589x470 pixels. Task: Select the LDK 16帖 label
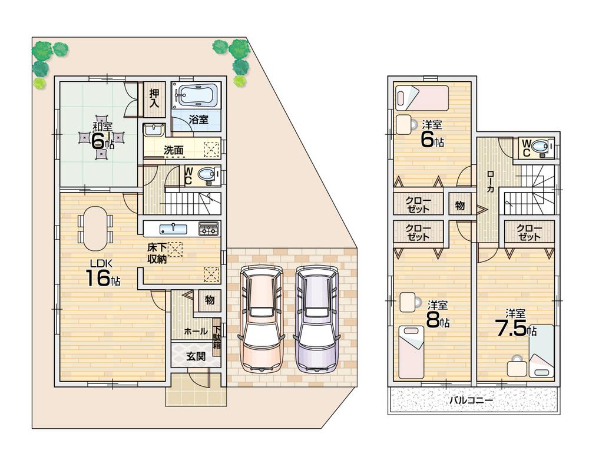click(x=101, y=272)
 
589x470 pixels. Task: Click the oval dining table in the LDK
click(x=95, y=229)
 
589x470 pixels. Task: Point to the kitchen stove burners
click(x=209, y=229)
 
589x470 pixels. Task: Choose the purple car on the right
click(x=316, y=318)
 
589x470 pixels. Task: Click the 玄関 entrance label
click(x=196, y=356)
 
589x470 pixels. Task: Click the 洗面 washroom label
click(x=173, y=150)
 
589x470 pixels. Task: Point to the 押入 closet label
click(x=154, y=98)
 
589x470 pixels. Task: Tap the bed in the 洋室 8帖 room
click(x=411, y=352)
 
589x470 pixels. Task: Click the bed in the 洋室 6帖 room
click(x=422, y=98)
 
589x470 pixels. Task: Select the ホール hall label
click(x=196, y=331)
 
